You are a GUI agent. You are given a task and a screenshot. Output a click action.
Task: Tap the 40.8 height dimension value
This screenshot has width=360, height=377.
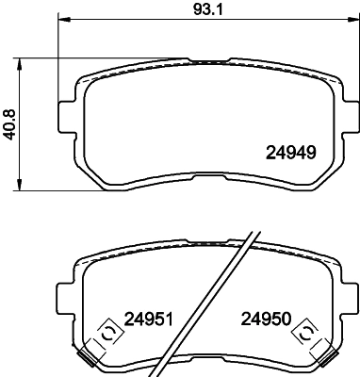coord(10,123)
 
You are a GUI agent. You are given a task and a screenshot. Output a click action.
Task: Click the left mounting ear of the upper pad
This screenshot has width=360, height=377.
coord(67,114)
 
